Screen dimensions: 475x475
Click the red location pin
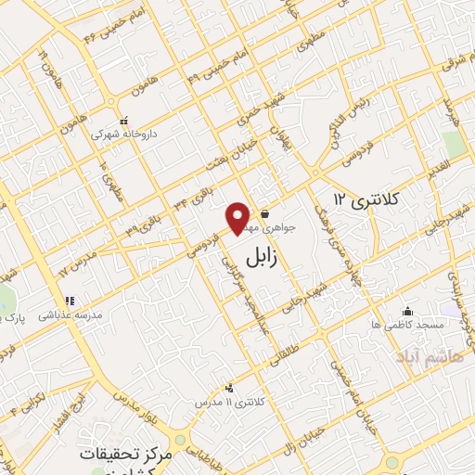pyautogui.click(x=238, y=218)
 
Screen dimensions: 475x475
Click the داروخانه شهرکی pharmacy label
pyautogui.click(x=123, y=134)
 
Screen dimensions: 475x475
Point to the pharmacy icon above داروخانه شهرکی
pyautogui.click(x=123, y=120)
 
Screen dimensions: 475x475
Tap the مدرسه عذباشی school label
pyautogui.click(x=68, y=315)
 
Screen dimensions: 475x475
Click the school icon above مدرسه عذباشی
pyautogui.click(x=68, y=301)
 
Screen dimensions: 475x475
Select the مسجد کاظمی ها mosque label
pyautogui.click(x=409, y=326)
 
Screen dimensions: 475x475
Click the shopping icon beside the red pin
pyautogui.click(x=265, y=212)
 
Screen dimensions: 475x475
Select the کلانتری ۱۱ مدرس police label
pyautogui.click(x=228, y=404)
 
